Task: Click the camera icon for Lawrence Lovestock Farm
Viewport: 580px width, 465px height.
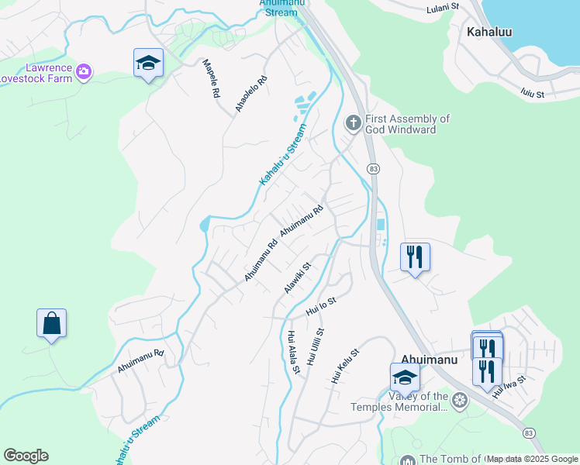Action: click(x=84, y=72)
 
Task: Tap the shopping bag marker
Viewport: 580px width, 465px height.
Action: click(x=51, y=324)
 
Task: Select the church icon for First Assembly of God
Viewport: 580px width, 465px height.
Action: click(x=353, y=122)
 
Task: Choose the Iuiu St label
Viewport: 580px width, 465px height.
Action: click(x=532, y=94)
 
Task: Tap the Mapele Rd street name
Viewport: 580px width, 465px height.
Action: click(x=211, y=78)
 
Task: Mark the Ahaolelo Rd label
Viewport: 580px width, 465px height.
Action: click(x=251, y=95)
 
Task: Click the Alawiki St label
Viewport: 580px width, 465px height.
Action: click(x=297, y=277)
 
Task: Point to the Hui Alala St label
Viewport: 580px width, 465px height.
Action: click(x=293, y=353)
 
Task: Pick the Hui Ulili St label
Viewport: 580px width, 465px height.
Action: click(x=314, y=346)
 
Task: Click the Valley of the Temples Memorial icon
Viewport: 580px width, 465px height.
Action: click(x=460, y=401)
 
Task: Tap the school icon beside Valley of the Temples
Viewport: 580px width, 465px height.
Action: click(x=404, y=377)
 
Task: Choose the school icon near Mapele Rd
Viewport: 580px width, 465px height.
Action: click(x=147, y=64)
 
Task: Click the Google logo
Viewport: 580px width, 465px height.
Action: click(x=26, y=456)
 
